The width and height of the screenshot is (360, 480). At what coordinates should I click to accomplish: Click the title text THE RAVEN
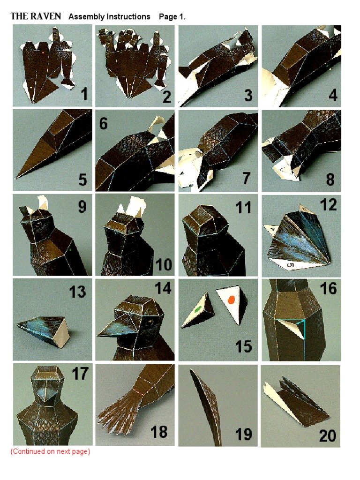click(36, 16)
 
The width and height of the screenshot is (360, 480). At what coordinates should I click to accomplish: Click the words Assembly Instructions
click(109, 16)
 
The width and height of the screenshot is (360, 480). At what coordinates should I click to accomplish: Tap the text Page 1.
click(172, 16)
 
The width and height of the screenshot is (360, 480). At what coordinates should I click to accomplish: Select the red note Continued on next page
click(50, 452)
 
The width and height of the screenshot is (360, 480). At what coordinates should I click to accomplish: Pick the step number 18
click(159, 432)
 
